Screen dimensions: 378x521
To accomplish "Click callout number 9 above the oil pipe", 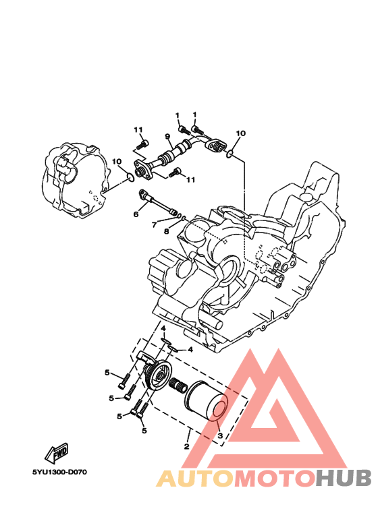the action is [167, 136].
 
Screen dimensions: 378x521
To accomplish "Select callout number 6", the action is [136, 214].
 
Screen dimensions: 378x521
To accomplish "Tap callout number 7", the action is [154, 225].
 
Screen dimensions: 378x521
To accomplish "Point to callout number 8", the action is [166, 231].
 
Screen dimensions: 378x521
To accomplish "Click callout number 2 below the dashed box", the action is [186, 446].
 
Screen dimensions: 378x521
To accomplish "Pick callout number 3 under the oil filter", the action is [219, 435].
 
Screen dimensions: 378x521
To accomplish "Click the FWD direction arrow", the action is [57, 453].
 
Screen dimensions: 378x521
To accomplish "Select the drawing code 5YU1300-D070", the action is [59, 472].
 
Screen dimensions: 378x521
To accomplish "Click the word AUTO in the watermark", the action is [195, 479].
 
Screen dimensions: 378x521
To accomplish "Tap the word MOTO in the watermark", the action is [275, 479].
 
